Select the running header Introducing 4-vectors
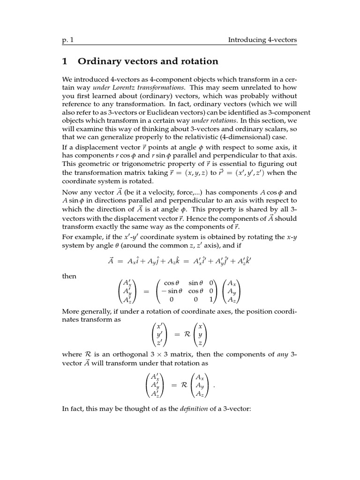262,40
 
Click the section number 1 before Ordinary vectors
66,61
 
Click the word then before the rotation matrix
69,277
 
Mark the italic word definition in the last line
195,409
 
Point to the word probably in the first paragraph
248,96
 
